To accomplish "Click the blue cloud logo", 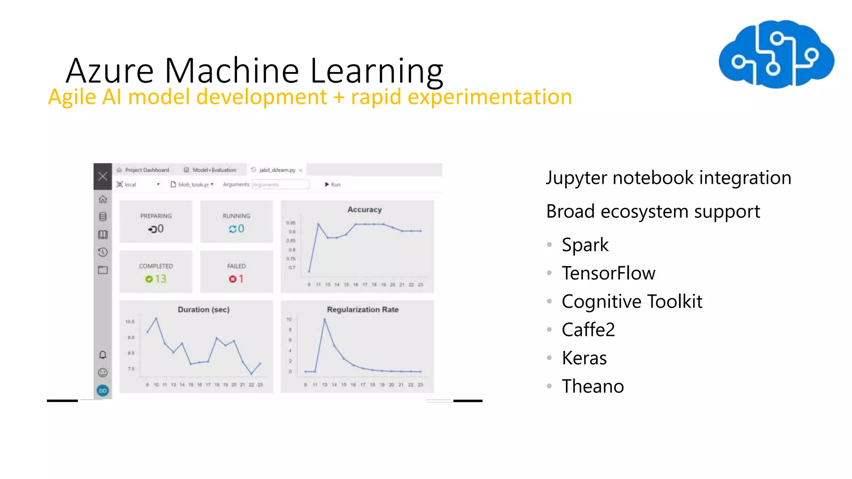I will click(x=776, y=54).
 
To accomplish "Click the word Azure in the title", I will click(x=110, y=71).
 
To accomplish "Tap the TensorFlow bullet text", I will click(x=608, y=273).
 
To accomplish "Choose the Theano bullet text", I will click(x=592, y=386).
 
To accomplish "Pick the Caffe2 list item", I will click(x=588, y=330).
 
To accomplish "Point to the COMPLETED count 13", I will click(x=160, y=279).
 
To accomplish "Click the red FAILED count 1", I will click(x=240, y=279).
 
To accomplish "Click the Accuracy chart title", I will click(x=364, y=210).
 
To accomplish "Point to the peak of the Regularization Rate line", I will click(x=324, y=319).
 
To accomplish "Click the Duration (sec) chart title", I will click(x=203, y=310).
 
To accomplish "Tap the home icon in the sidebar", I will click(x=103, y=199).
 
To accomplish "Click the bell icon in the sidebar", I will click(x=103, y=355).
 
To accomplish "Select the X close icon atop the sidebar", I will click(x=103, y=176).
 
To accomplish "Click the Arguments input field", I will click(x=280, y=185).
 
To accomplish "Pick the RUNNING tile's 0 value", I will click(x=240, y=229).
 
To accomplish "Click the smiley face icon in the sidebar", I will click(x=103, y=373).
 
